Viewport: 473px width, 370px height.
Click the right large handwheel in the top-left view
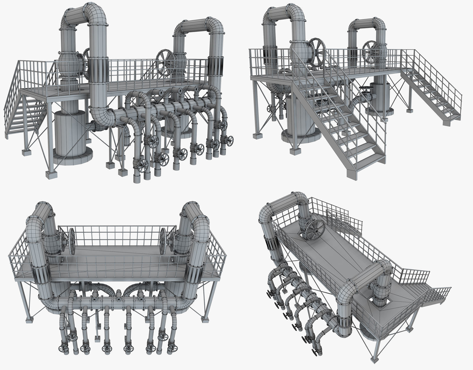(165, 63)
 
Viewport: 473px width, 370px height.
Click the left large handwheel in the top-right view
(317, 52)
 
